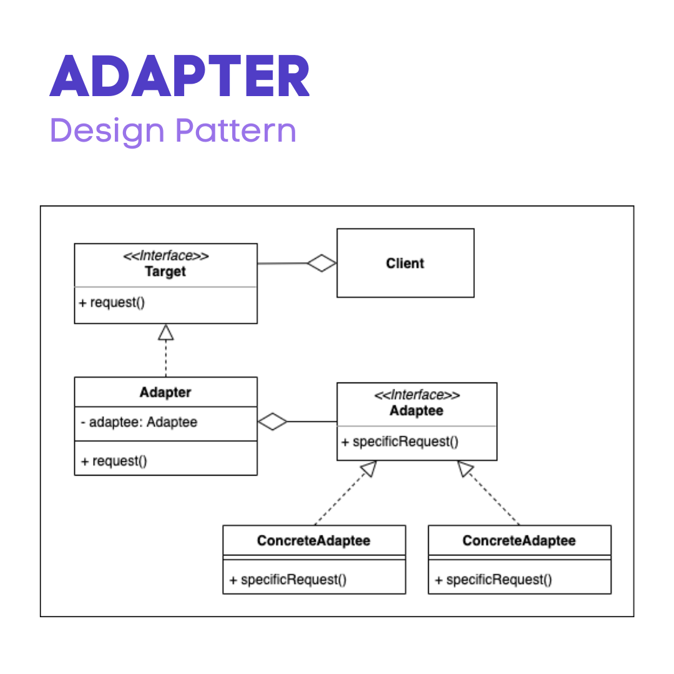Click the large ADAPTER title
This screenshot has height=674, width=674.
[180, 76]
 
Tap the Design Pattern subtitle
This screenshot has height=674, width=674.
[173, 130]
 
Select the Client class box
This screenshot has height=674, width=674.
[405, 263]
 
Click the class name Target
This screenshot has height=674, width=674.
[165, 272]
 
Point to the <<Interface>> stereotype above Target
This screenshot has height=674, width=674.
[165, 256]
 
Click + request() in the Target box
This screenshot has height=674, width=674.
[112, 303]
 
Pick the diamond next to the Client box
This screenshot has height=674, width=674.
[322, 263]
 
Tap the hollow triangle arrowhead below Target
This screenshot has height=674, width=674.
[165, 332]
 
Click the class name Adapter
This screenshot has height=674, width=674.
[165, 393]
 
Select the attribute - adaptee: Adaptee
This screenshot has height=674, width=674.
[139, 422]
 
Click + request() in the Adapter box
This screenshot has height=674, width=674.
[114, 461]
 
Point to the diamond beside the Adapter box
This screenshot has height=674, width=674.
[273, 422]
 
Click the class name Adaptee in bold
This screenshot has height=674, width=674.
[416, 411]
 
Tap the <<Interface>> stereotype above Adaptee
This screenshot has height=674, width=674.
[416, 396]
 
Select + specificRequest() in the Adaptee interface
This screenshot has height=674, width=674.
[400, 442]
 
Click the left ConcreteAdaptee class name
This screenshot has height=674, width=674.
[313, 540]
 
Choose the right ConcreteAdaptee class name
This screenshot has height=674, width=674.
[519, 540]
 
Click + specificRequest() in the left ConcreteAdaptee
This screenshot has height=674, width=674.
[288, 580]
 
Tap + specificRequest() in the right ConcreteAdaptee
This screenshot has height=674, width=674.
[493, 580]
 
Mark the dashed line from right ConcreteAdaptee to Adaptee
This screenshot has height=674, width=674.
[493, 497]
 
